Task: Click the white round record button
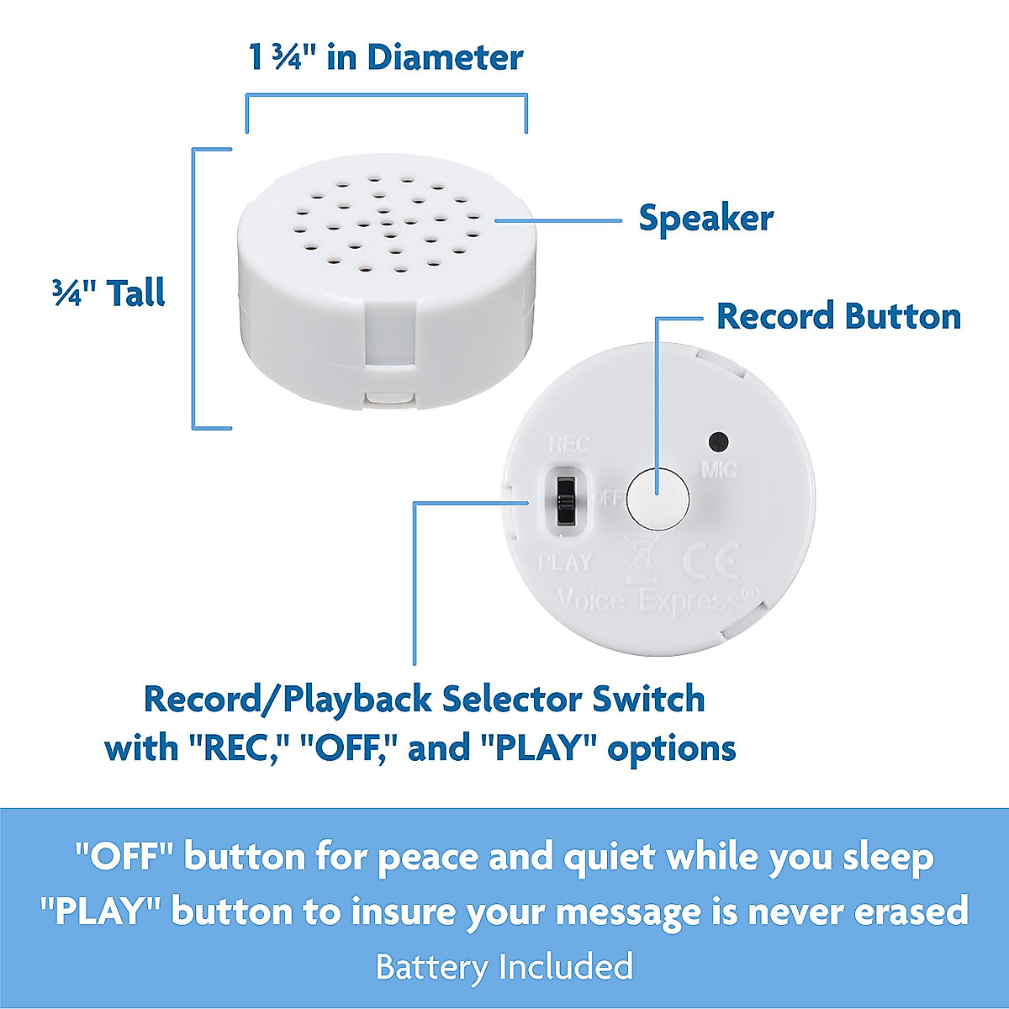click(659, 497)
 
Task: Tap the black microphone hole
click(718, 441)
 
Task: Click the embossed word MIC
click(719, 469)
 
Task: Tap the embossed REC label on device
click(569, 444)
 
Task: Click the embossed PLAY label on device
click(565, 562)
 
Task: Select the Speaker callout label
click(705, 219)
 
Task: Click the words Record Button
click(838, 317)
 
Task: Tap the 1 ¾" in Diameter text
click(386, 58)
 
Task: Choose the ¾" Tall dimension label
click(108, 293)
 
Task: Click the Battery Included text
click(504, 967)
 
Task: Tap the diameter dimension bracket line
click(386, 97)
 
